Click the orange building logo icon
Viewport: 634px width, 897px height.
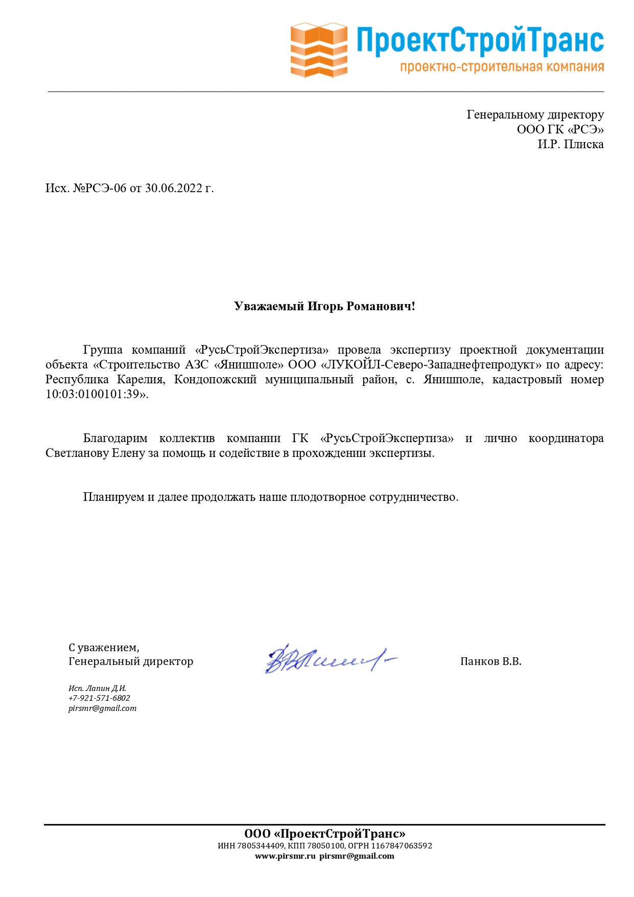pyautogui.click(x=319, y=50)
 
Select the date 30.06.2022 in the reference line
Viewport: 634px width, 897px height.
pyautogui.click(x=174, y=188)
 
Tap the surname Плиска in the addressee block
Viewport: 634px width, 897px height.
pyautogui.click(x=584, y=144)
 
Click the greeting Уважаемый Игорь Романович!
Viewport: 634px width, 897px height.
pyautogui.click(x=324, y=306)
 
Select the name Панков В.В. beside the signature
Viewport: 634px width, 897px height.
pyautogui.click(x=490, y=661)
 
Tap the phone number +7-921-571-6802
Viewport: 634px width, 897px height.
pyautogui.click(x=99, y=698)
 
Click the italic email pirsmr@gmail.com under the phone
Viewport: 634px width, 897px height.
pyautogui.click(x=102, y=708)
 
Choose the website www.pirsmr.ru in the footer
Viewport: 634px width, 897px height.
pyautogui.click(x=285, y=856)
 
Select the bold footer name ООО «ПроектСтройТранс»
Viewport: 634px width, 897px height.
pyautogui.click(x=324, y=834)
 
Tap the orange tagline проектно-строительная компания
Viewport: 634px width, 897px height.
pyautogui.click(x=502, y=67)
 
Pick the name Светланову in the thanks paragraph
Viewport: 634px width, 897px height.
pyautogui.click(x=77, y=453)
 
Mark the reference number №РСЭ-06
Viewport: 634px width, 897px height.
pyautogui.click(x=100, y=188)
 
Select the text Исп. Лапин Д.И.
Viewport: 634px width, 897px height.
pyautogui.click(x=97, y=688)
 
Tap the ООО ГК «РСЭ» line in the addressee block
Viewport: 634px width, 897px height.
pyautogui.click(x=560, y=129)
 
